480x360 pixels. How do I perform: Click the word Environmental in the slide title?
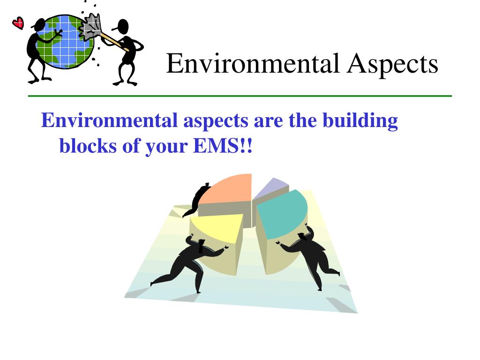[253, 64]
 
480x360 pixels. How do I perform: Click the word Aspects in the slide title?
[393, 64]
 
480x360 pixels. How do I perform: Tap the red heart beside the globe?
[18, 22]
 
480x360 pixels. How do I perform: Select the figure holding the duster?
[126, 52]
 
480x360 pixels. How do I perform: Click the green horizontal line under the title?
[240, 96]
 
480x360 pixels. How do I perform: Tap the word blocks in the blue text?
[86, 147]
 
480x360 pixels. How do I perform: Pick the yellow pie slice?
[218, 227]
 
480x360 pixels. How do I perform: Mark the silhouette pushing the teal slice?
[312, 255]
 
